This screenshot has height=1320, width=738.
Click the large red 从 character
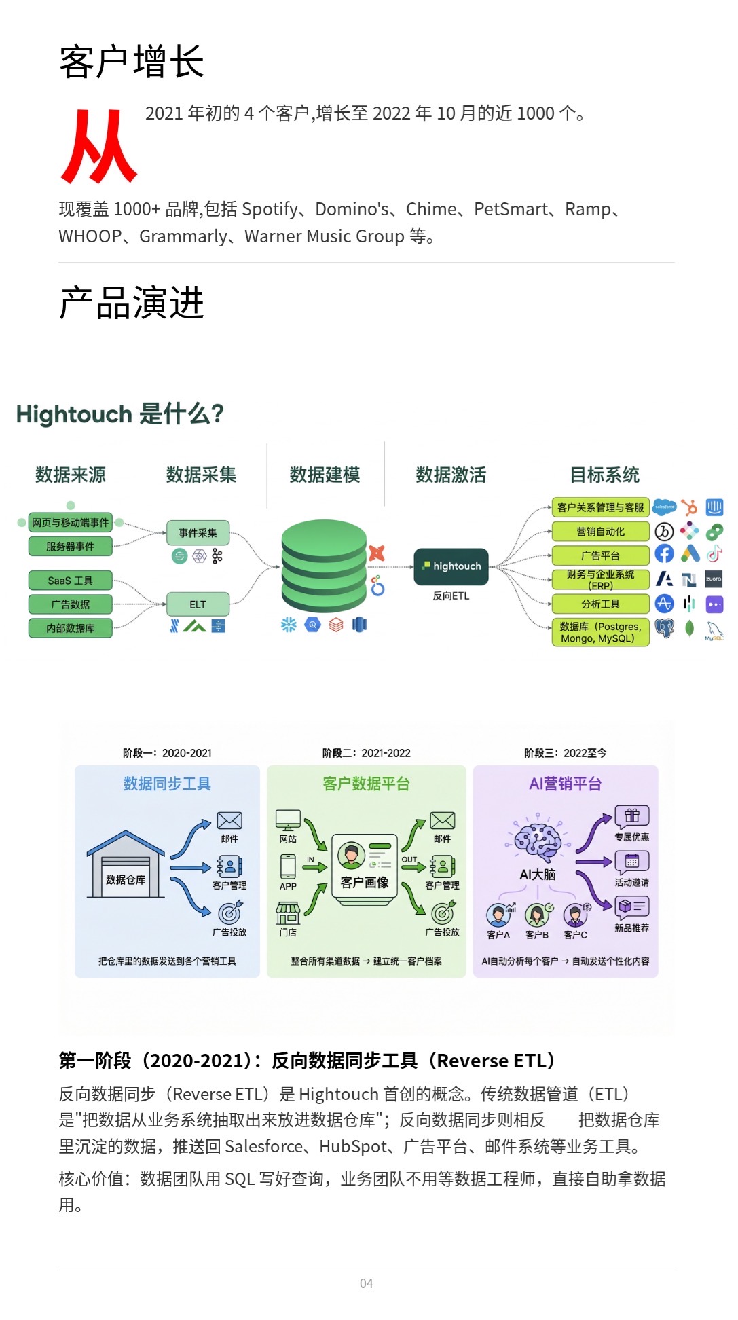pyautogui.click(x=99, y=147)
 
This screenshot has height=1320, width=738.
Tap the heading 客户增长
pyautogui.click(x=131, y=62)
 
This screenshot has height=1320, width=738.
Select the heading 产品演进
pyautogui.click(x=131, y=303)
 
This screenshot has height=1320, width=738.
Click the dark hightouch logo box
pyautogui.click(x=451, y=566)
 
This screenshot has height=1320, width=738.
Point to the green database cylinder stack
pyautogui.click(x=324, y=566)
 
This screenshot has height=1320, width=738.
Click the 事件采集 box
pyautogui.click(x=198, y=533)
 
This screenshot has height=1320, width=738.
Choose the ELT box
pyautogui.click(x=198, y=604)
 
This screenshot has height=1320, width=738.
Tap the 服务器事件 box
pyautogui.click(x=70, y=547)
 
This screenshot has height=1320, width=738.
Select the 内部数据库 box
pyautogui.click(x=70, y=628)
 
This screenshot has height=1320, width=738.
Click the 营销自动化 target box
pyautogui.click(x=600, y=532)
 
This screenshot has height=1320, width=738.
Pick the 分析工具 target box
pyautogui.click(x=600, y=604)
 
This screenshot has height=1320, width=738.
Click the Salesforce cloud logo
pyautogui.click(x=664, y=507)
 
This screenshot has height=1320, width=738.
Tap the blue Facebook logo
pyautogui.click(x=664, y=554)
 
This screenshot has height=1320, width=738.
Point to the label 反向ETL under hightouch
pyautogui.click(x=451, y=596)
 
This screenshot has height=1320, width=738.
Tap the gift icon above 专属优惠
pyautogui.click(x=631, y=815)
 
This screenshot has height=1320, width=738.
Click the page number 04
pyautogui.click(x=366, y=1283)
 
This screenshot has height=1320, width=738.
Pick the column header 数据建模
pyautogui.click(x=325, y=475)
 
